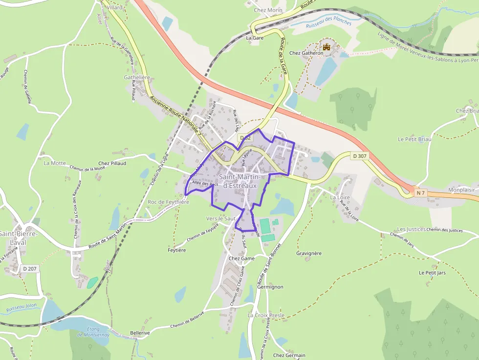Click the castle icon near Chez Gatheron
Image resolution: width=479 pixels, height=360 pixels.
(327, 47)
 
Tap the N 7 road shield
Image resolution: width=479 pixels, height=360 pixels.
(420, 193)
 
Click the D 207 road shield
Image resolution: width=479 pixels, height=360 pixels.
(30, 269)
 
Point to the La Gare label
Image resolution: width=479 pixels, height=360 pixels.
(255, 38)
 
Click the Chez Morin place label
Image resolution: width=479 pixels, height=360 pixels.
(268, 10)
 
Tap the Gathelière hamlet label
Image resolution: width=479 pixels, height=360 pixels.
(137, 77)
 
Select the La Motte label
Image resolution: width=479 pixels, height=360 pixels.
(55, 163)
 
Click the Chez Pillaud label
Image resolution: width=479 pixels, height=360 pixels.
(112, 163)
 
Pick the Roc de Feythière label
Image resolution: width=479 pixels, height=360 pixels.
(168, 202)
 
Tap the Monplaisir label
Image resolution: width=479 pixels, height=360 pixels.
(462, 190)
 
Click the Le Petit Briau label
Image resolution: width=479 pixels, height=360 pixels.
(414, 139)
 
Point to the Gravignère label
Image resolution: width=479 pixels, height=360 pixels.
(309, 254)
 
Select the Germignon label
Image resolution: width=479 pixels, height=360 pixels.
(270, 287)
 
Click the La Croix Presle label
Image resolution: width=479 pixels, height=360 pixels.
(266, 316)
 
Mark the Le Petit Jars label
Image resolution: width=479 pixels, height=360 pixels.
(432, 273)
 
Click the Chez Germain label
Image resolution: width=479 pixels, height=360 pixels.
(289, 355)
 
